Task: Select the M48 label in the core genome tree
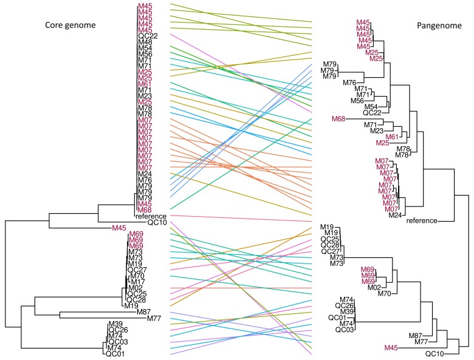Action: click(145, 42)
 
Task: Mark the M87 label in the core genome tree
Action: click(144, 311)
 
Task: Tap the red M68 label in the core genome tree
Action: click(145, 209)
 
